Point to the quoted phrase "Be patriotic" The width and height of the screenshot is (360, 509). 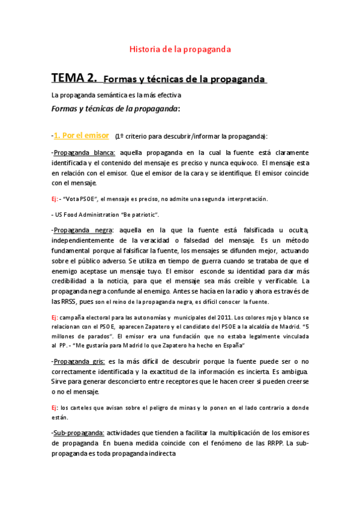coord(140,214)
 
